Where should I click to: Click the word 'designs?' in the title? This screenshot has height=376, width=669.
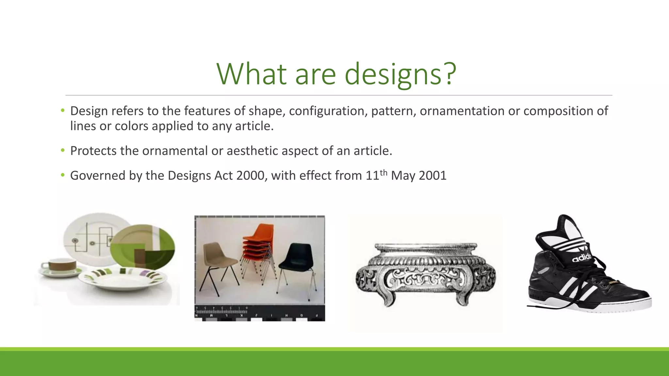click(400, 74)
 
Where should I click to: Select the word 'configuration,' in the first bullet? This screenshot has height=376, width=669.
click(328, 111)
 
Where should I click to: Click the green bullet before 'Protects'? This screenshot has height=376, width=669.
click(63, 150)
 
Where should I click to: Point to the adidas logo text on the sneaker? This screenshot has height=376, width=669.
click(581, 257)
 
